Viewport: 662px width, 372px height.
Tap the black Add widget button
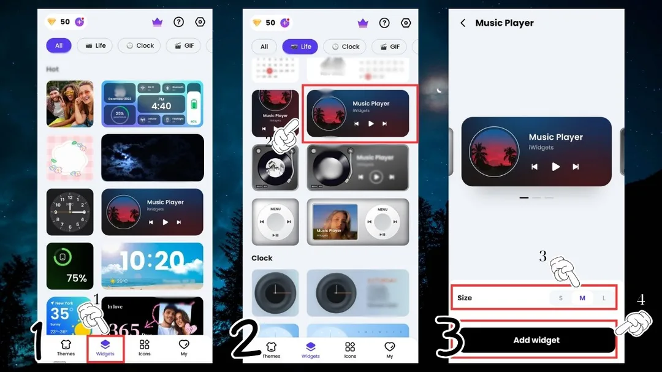coord(536,340)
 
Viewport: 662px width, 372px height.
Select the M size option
coord(582,298)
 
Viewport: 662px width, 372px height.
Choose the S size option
coord(560,298)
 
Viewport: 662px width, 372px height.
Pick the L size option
coord(604,298)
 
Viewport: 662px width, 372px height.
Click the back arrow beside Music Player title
coord(463,23)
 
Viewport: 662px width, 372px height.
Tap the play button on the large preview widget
coord(555,166)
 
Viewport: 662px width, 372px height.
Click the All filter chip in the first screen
coord(59,45)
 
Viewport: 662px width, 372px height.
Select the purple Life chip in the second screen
coord(300,46)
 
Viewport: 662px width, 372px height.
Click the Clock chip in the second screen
coord(344,46)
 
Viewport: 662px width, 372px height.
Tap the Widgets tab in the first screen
coord(105,347)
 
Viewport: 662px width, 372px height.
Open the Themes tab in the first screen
coord(66,347)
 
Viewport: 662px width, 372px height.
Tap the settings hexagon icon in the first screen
coord(200,22)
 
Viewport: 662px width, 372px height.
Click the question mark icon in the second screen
coord(384,23)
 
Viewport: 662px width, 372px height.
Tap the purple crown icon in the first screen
coord(157,22)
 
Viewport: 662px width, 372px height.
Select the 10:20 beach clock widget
coord(152,266)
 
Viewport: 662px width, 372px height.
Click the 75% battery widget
coord(70,266)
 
